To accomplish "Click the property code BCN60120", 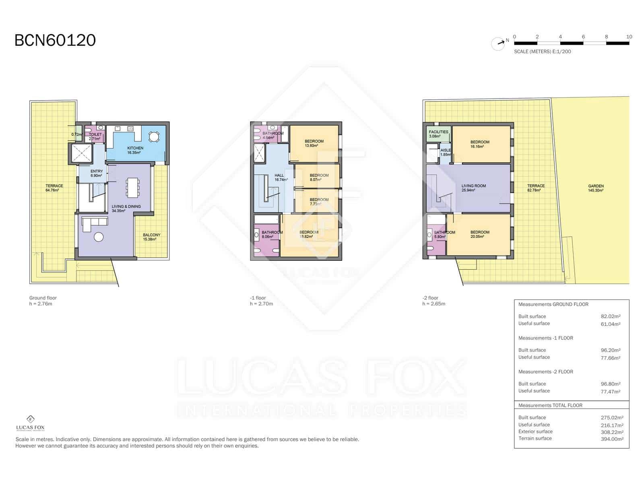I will (x=55, y=40).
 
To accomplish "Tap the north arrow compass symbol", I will (x=498, y=43).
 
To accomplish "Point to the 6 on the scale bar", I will (x=583, y=37).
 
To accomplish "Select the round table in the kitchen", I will (x=154, y=137).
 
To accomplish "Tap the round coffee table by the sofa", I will (x=99, y=237).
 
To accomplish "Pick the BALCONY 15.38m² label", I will (x=151, y=237).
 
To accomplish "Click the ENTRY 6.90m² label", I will (x=97, y=173).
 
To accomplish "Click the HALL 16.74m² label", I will (x=280, y=178).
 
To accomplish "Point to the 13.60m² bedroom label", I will (x=314, y=143).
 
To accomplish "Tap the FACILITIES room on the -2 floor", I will (x=438, y=134).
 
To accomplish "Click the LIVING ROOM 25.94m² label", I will (x=473, y=188).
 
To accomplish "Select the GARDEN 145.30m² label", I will (x=596, y=188).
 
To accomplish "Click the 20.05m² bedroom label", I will (x=480, y=234).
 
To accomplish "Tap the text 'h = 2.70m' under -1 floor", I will (x=261, y=304).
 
